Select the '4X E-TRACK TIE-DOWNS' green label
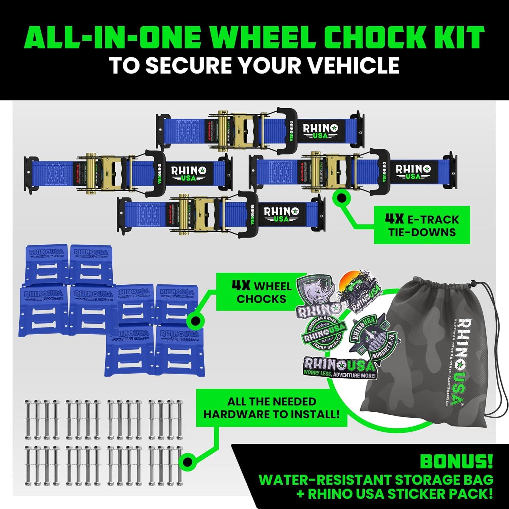click(422, 225)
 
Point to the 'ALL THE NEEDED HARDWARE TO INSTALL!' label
click(271, 408)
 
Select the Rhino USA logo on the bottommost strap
click(281, 214)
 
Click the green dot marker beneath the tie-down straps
click(341, 197)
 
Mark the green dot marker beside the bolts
click(188, 462)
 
